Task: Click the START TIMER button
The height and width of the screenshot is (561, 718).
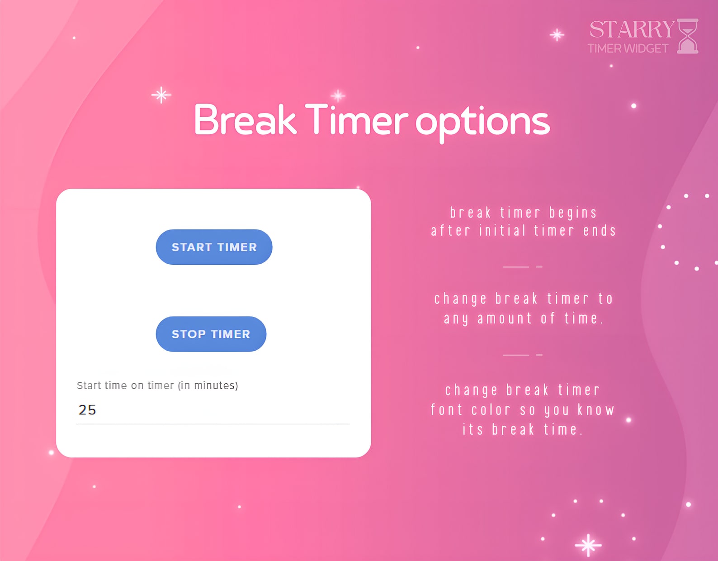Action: [214, 247]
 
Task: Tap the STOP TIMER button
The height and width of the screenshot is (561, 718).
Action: [211, 334]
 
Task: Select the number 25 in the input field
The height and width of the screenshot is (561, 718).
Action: [87, 410]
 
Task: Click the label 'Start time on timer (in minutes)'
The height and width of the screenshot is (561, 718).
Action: [157, 385]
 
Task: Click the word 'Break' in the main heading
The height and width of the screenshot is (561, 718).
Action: [245, 120]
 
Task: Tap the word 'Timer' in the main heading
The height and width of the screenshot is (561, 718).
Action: [356, 120]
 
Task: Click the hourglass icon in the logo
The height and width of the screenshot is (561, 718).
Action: [688, 36]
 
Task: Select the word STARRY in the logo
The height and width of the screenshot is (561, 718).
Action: [632, 29]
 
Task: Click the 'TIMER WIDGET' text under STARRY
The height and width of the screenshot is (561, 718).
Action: [628, 48]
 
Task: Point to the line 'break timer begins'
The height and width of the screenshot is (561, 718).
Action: [523, 212]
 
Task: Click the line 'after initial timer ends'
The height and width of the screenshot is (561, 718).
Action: [523, 231]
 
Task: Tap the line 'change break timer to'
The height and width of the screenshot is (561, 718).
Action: [523, 299]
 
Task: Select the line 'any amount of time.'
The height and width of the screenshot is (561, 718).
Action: [523, 319]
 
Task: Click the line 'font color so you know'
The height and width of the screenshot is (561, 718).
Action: [522, 410]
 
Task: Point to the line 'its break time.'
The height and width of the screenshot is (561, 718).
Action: [522, 429]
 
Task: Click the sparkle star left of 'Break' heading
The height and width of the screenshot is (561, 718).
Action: [161, 95]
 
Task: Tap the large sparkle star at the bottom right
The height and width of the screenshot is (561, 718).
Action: [588, 545]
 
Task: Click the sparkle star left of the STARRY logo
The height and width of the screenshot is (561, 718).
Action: [557, 35]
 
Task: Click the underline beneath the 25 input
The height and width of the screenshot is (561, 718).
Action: [213, 424]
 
